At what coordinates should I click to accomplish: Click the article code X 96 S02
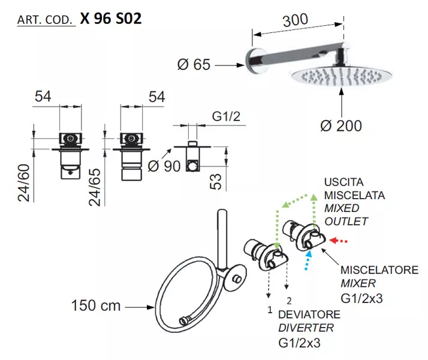111,19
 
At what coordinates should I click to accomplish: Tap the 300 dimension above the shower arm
296,20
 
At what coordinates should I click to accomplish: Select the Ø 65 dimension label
194,65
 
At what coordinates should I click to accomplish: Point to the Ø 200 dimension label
341,126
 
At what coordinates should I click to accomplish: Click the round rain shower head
340,76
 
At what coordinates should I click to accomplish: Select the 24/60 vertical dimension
24,183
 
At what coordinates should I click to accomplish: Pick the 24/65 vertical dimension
95,187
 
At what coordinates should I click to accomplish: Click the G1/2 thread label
226,116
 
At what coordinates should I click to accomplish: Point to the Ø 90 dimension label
164,166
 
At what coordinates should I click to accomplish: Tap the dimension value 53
216,182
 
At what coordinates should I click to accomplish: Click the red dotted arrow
339,241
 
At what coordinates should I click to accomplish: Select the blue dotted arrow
308,260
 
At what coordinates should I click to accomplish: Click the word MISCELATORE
379,270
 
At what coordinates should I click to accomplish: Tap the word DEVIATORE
309,314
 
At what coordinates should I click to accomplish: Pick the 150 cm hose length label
96,305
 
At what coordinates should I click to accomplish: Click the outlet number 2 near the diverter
290,301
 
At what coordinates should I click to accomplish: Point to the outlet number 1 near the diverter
270,310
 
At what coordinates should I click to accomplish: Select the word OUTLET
346,221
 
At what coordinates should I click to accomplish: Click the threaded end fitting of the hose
185,320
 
